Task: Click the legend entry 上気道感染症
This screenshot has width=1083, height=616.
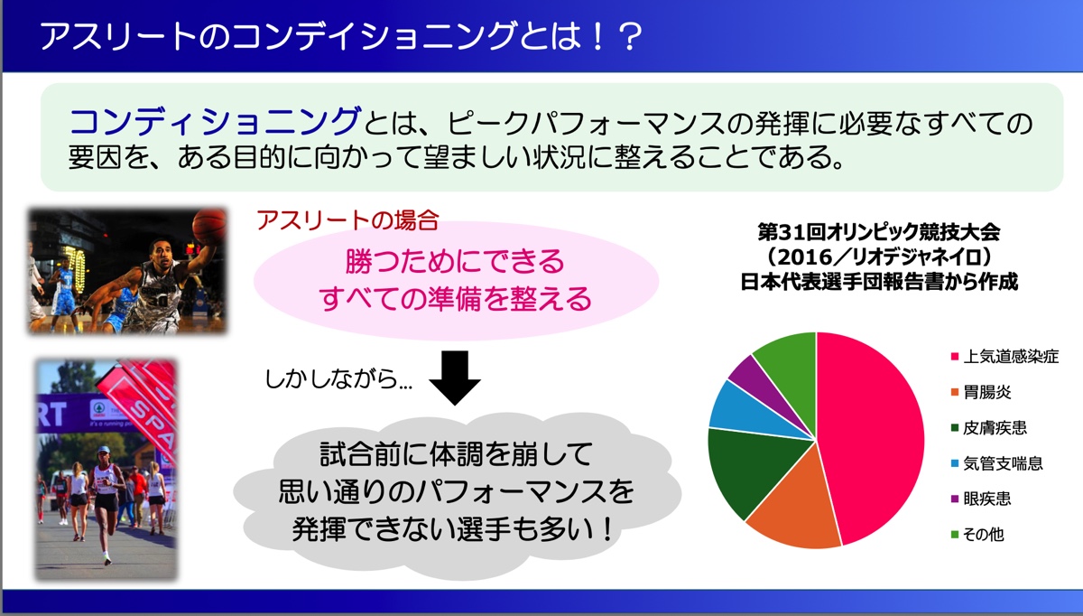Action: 1004,357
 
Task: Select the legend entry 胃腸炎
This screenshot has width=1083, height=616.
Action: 981,392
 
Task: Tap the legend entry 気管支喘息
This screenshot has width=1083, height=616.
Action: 997,463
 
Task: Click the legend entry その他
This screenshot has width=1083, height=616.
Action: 977,534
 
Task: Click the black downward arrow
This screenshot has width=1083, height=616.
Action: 455,378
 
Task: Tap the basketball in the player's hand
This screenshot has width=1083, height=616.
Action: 208,225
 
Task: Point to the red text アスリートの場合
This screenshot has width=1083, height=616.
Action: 347,220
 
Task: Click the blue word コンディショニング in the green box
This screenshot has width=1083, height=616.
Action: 215,121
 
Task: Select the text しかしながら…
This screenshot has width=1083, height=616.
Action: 338,378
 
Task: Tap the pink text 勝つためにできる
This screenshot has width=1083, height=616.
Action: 455,261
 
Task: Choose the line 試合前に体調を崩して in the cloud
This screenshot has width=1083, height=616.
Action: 456,454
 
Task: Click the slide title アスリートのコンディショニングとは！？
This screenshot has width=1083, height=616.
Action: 341,36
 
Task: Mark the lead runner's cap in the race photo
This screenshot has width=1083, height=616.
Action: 103,450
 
